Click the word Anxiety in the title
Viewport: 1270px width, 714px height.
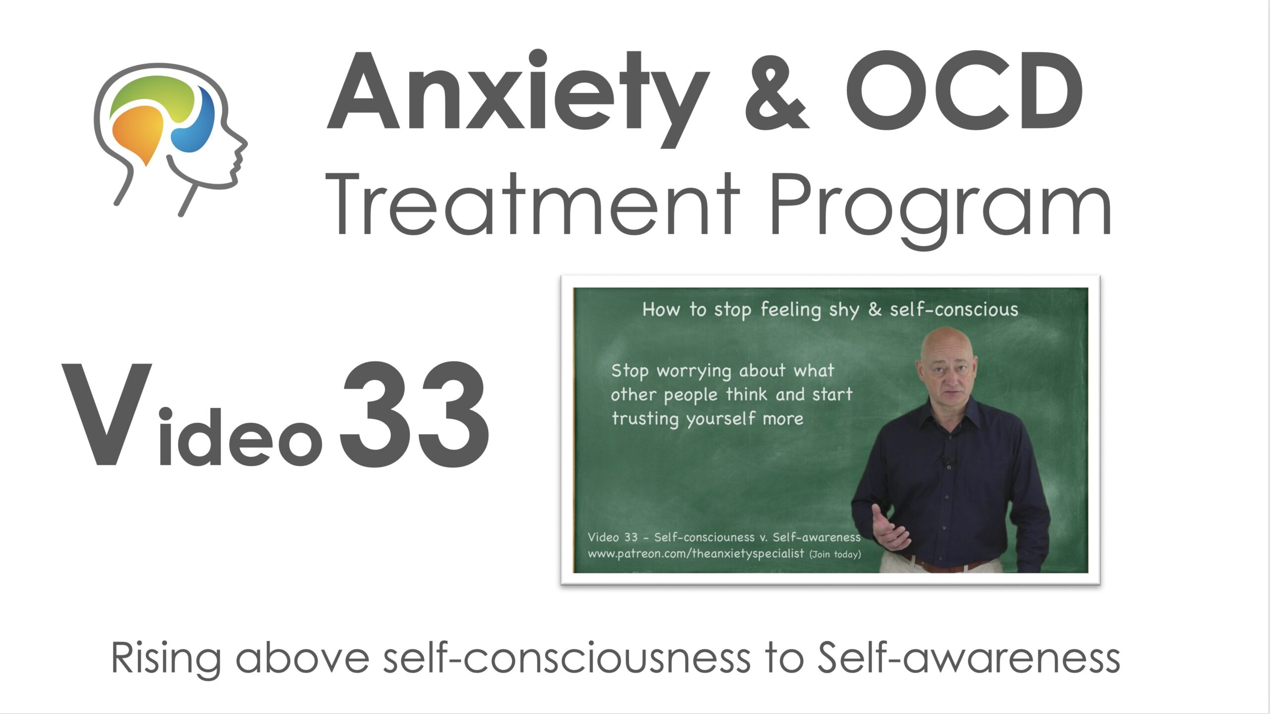click(519, 98)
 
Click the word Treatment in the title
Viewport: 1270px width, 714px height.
click(533, 204)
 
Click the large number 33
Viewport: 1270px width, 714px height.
click(415, 414)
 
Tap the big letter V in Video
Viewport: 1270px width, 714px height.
click(106, 414)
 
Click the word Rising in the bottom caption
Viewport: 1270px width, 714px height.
click(166, 658)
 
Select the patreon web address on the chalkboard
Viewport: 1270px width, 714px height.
click(696, 554)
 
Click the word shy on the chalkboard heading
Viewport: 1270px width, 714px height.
click(844, 311)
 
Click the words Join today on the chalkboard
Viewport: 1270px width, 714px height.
click(835, 554)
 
